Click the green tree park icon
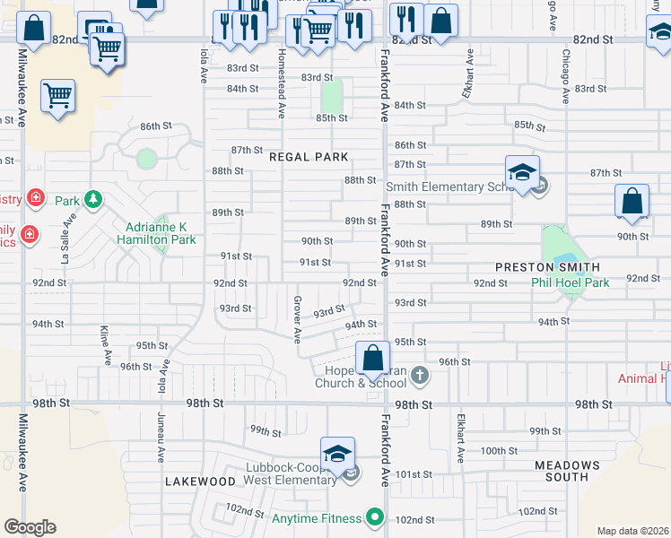coord(92,199)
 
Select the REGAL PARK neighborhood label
coord(309,157)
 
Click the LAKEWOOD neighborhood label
coord(200,482)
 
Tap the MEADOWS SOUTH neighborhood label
coord(567,471)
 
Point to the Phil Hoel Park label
coord(570,282)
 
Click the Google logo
coord(30,527)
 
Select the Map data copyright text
coord(632,531)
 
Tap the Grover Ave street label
coord(297,319)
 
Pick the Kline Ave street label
coord(105,345)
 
